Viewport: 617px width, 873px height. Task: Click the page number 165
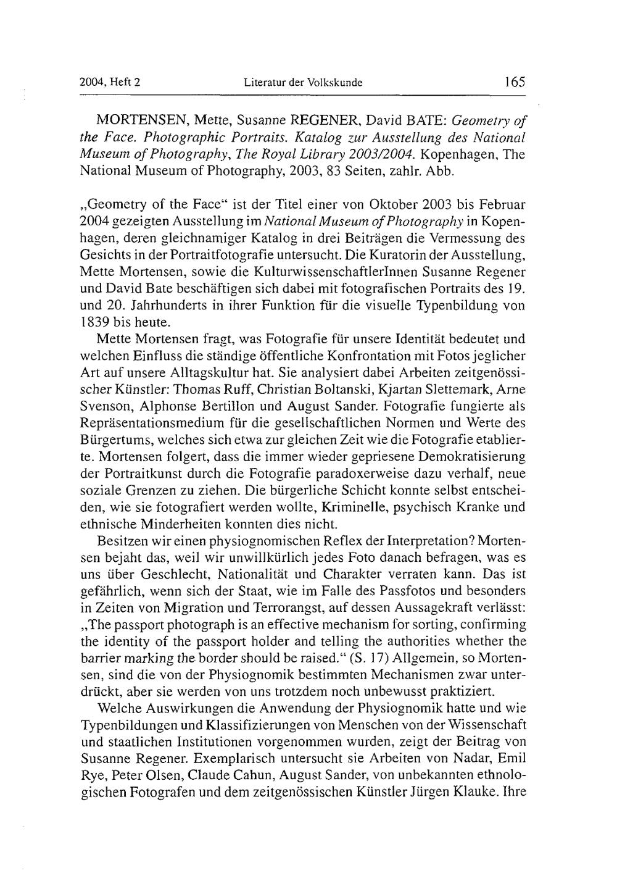point(513,81)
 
